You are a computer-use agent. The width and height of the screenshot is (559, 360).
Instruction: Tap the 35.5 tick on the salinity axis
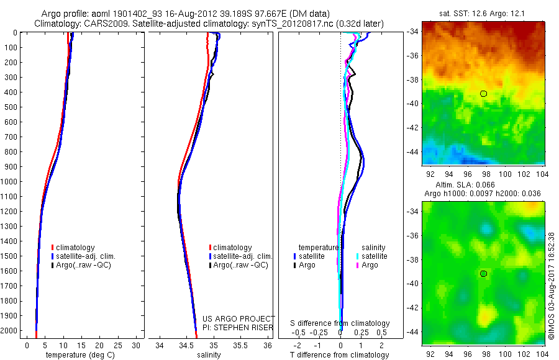(240, 345)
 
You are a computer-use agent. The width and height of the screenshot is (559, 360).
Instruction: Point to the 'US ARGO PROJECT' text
(239, 318)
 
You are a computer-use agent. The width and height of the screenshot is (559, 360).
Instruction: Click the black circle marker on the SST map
(483, 94)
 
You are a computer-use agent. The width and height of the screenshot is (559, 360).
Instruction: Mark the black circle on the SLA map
(483, 274)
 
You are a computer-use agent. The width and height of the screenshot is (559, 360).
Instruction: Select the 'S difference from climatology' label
(340, 323)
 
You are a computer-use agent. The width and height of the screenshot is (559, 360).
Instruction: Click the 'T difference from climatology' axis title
(340, 356)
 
